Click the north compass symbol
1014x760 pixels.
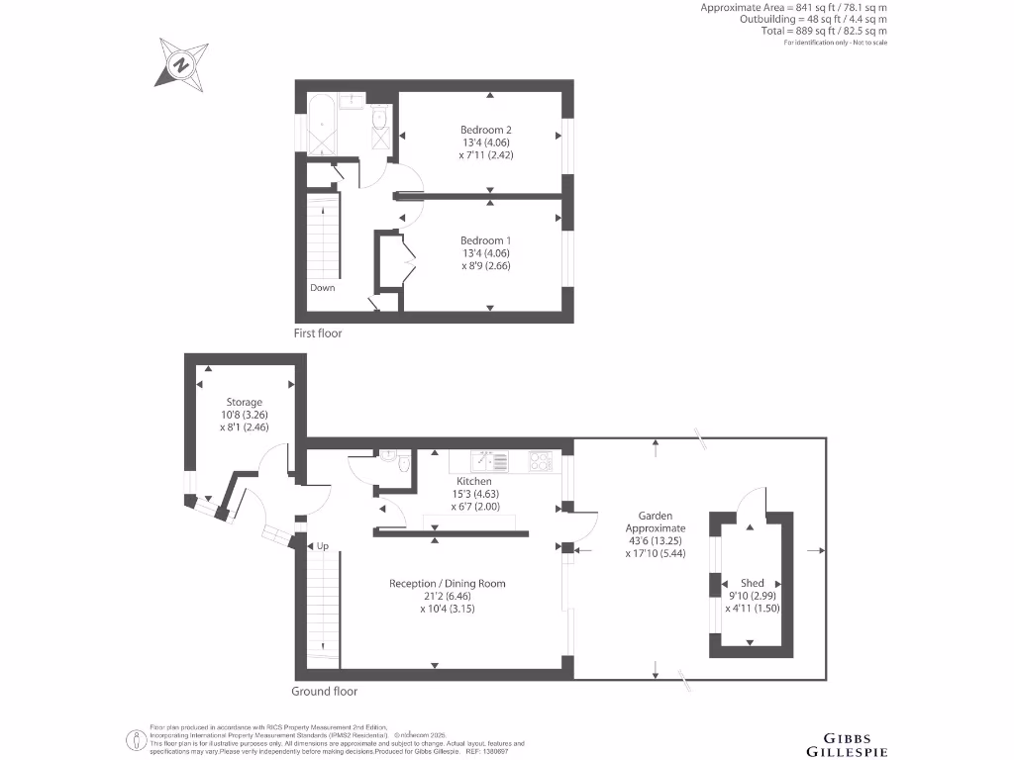(182, 62)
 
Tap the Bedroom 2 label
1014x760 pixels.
(486, 130)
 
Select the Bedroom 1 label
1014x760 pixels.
(486, 240)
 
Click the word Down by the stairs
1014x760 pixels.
(323, 288)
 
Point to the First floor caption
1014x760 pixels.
(318, 333)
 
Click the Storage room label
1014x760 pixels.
(244, 402)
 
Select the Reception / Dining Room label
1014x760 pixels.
(448, 584)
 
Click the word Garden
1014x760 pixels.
(656, 516)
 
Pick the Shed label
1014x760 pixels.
(754, 583)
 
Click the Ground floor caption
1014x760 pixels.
(325, 692)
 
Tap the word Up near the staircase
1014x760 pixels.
(323, 545)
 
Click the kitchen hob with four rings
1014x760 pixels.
(542, 461)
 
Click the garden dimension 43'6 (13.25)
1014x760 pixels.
(656, 541)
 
